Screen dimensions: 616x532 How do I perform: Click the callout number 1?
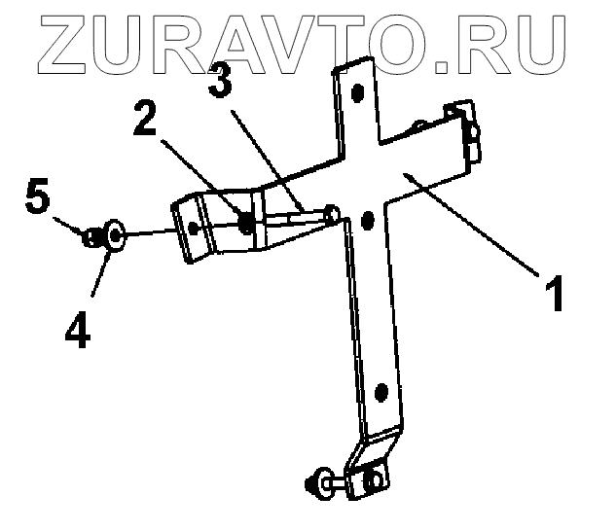point(553,294)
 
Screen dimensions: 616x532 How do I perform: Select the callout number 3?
point(221,83)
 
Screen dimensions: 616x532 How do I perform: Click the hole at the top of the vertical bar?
point(357,93)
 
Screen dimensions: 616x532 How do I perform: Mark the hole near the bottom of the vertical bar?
point(380,392)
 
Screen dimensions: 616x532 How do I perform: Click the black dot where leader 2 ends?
point(246,224)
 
